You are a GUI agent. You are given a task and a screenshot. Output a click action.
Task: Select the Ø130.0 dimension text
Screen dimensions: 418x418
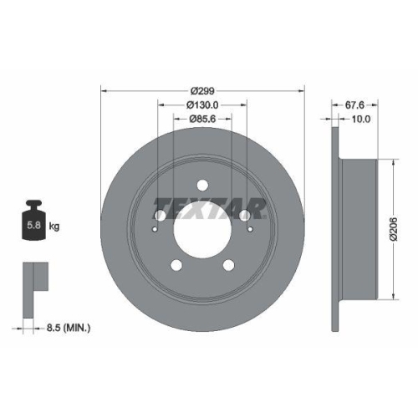pos(201,104)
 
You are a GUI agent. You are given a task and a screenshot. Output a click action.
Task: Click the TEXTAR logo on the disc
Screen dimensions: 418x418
pos(201,205)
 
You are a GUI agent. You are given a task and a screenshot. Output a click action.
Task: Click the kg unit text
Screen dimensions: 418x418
pos(54,227)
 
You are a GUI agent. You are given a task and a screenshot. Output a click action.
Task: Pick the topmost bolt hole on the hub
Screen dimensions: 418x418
pos(201,187)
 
